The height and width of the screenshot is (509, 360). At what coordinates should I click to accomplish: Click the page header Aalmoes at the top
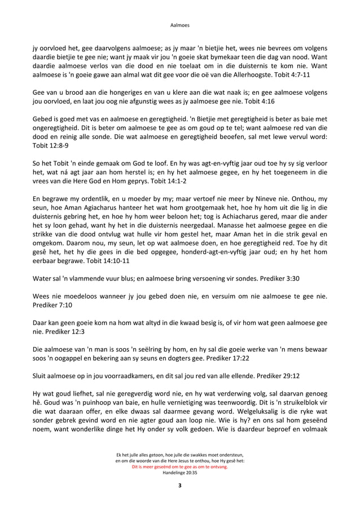coord(179,25)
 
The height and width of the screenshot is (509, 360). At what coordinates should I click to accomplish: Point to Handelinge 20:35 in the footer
coord(179,473)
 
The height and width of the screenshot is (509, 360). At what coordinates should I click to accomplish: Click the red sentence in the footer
coord(179,467)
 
